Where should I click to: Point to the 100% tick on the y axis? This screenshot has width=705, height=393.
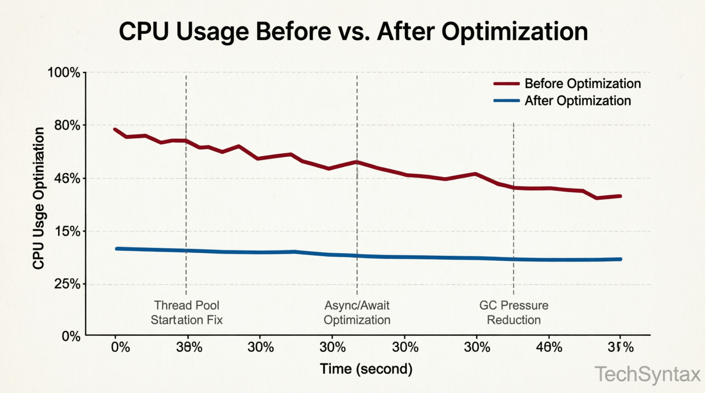pos(64,72)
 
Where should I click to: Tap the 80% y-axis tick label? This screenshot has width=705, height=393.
pos(67,125)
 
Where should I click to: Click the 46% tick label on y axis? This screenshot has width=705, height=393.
pos(67,178)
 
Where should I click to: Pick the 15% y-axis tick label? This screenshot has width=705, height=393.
pos(67,231)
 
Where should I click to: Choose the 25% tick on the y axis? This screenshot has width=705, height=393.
pos(67,284)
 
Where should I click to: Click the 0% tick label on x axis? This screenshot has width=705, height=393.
pos(120,347)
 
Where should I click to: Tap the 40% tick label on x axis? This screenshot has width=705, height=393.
pos(549,347)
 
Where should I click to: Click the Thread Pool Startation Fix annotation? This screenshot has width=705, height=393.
pos(186,313)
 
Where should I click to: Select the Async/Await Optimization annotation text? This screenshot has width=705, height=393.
pos(357,313)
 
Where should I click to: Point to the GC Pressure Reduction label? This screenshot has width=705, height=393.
pos(513,313)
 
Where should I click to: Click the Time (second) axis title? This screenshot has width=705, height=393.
pos(366,369)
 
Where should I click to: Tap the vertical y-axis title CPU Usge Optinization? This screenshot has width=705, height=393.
pos(39,198)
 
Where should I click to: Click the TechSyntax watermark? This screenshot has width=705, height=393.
pos(648,374)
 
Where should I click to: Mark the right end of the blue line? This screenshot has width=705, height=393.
pos(621,259)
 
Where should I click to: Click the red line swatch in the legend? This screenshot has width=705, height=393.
pos(506,84)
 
